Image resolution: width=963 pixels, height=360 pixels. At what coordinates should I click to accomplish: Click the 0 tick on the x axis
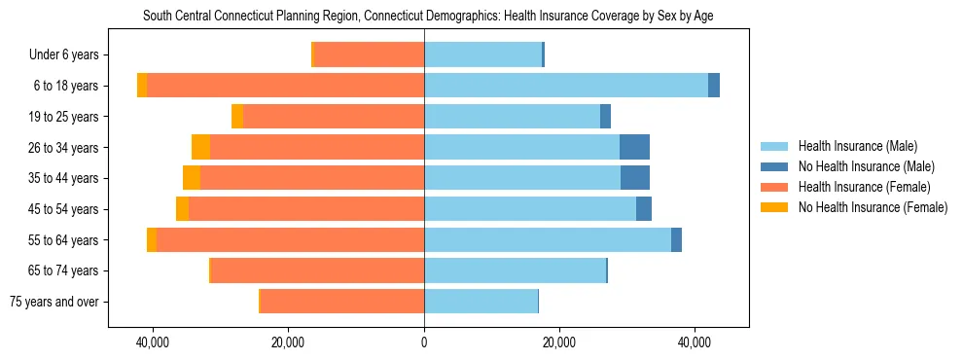[424, 343]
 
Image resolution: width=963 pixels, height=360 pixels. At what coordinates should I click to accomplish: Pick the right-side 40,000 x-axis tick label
[695, 343]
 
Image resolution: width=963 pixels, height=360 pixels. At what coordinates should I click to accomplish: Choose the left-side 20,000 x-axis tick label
[289, 343]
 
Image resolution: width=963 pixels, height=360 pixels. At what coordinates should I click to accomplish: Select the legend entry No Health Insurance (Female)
[873, 207]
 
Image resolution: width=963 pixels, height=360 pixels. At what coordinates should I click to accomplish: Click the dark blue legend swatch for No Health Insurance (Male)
[775, 166]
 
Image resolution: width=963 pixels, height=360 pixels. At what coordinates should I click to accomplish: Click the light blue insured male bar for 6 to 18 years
[566, 86]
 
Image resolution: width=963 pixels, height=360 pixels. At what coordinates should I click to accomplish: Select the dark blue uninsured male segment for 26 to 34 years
[634, 148]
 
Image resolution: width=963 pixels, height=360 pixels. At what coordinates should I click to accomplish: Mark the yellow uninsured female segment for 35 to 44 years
[192, 178]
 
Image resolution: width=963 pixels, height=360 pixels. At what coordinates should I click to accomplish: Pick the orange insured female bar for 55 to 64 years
[290, 240]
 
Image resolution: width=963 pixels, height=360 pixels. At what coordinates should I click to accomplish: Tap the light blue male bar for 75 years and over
[481, 302]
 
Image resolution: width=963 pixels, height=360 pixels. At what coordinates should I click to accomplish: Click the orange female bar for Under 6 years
[370, 55]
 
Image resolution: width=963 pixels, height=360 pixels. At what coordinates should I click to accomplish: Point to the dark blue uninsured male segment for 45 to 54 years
[644, 209]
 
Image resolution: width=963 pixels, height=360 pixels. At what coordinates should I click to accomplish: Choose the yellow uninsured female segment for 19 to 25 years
[237, 117]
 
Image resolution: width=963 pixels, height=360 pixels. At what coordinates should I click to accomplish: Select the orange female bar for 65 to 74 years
[317, 270]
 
